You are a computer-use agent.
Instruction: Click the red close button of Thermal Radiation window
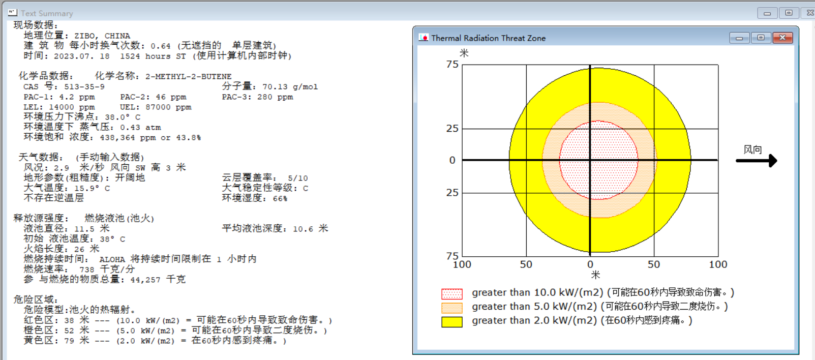tap(782, 38)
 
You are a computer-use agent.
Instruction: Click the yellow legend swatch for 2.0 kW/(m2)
tap(452, 322)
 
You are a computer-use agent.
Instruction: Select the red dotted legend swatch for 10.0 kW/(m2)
tap(452, 294)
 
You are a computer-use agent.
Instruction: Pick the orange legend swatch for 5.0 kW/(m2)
tap(452, 308)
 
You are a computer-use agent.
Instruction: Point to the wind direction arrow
tap(757, 161)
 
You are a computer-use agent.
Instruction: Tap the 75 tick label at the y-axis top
tap(452, 65)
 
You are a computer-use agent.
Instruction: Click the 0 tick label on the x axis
tap(590, 264)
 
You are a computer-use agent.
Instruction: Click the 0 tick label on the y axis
tap(452, 160)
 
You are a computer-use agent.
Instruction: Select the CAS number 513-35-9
tap(84, 86)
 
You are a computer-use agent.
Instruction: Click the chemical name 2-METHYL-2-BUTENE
tap(189, 76)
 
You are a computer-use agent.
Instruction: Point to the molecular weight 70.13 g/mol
tap(290, 86)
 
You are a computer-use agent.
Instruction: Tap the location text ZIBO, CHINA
tap(102, 36)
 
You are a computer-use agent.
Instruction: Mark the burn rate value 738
tap(87, 269)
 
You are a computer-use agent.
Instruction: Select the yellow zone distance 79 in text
tap(69, 341)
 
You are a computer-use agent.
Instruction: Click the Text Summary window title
tap(47, 13)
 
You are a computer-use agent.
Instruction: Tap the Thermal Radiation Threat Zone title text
tap(489, 38)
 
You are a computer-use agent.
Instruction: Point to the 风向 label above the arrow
tap(753, 149)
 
